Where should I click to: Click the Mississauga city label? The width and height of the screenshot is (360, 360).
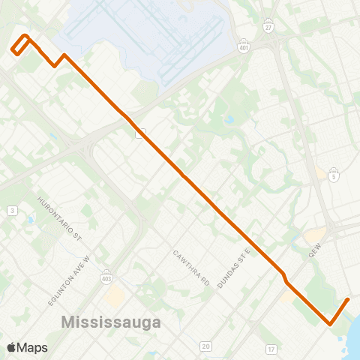112,322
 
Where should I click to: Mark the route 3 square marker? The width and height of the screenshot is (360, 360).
12,211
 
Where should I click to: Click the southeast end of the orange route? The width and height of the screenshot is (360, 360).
349,299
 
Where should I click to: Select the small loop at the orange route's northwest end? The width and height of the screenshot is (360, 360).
21,44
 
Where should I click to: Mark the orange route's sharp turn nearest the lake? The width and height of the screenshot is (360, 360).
330,325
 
